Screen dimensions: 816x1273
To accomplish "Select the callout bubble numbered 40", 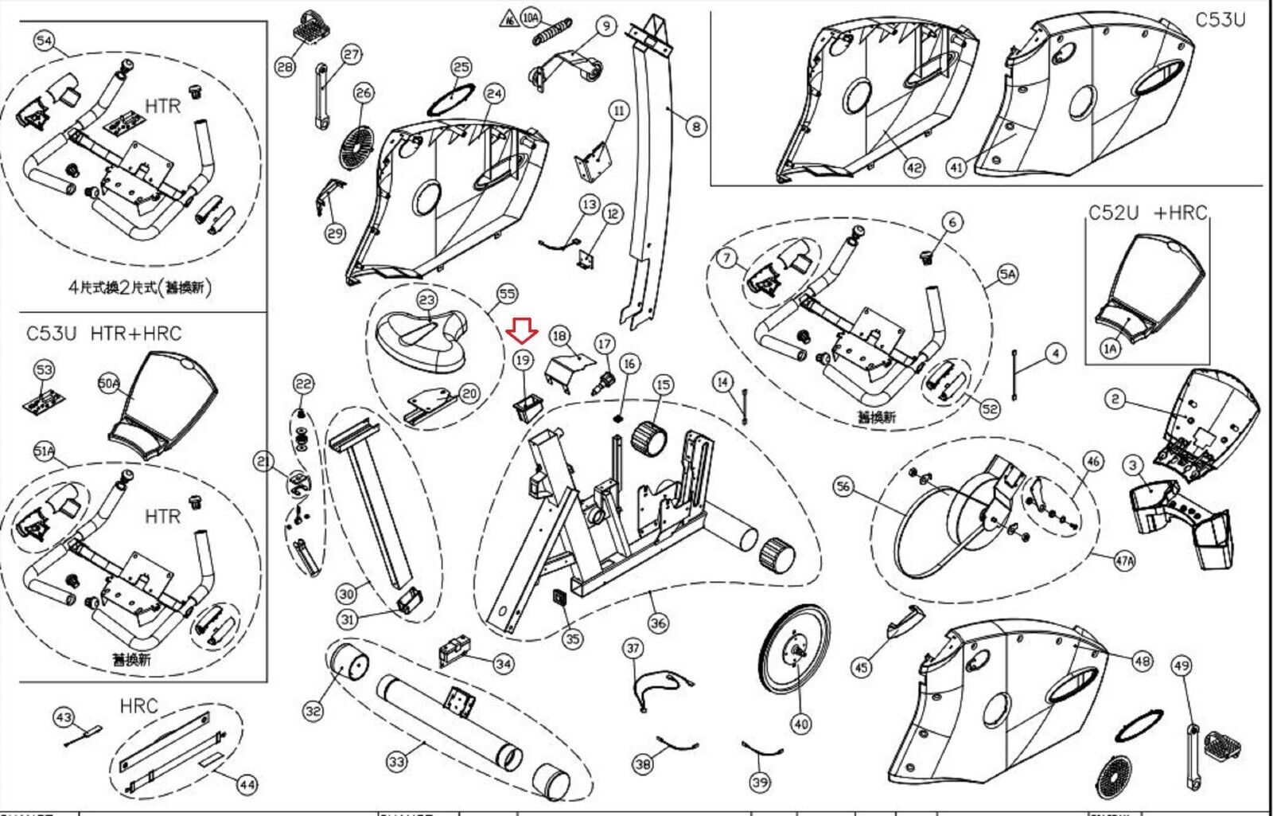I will click(800, 724).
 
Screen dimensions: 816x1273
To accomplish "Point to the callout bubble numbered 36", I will click(658, 623).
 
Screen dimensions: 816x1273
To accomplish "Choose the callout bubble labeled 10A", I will click(531, 18).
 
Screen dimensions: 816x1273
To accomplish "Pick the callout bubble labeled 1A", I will click(1111, 348).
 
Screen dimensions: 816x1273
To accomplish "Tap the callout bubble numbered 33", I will click(396, 763).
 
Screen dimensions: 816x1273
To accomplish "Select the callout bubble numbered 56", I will click(843, 487).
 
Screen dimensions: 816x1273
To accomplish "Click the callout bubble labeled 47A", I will click(1124, 560).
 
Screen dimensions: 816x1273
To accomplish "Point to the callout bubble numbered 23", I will click(427, 299).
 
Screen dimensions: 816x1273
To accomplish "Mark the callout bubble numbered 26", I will click(364, 93).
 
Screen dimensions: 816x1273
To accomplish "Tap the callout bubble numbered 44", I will click(247, 785).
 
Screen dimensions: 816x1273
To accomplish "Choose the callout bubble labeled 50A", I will click(109, 384).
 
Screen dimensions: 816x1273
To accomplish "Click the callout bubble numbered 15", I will click(664, 385).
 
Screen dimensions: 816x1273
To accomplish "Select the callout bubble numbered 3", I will click(1133, 466).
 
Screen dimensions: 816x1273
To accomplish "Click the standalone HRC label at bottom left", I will click(139, 706).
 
